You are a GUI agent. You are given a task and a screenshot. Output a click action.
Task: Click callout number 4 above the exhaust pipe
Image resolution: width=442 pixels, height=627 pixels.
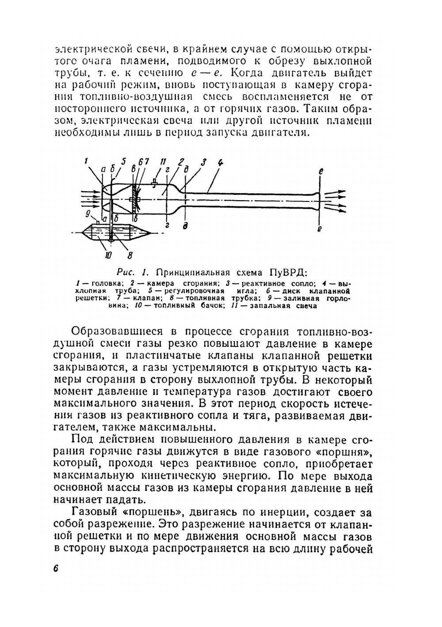[220, 162]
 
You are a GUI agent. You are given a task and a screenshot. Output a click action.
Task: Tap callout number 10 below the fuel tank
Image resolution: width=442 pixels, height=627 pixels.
[108, 255]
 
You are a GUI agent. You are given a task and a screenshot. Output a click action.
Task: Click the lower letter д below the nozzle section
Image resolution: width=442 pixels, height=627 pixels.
[186, 227]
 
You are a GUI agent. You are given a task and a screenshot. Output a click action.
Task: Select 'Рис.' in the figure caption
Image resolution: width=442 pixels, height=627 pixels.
[127, 271]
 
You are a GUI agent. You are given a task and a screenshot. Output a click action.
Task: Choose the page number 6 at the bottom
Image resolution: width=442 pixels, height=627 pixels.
[56, 569]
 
